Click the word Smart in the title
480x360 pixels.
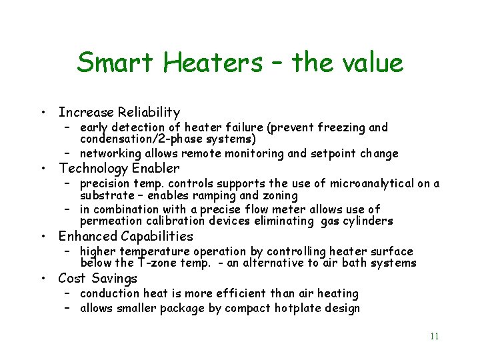(115, 63)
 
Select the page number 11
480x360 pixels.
(434, 336)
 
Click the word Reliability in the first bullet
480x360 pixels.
(148, 112)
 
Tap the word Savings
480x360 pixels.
(115, 278)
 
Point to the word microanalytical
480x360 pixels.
(341, 183)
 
